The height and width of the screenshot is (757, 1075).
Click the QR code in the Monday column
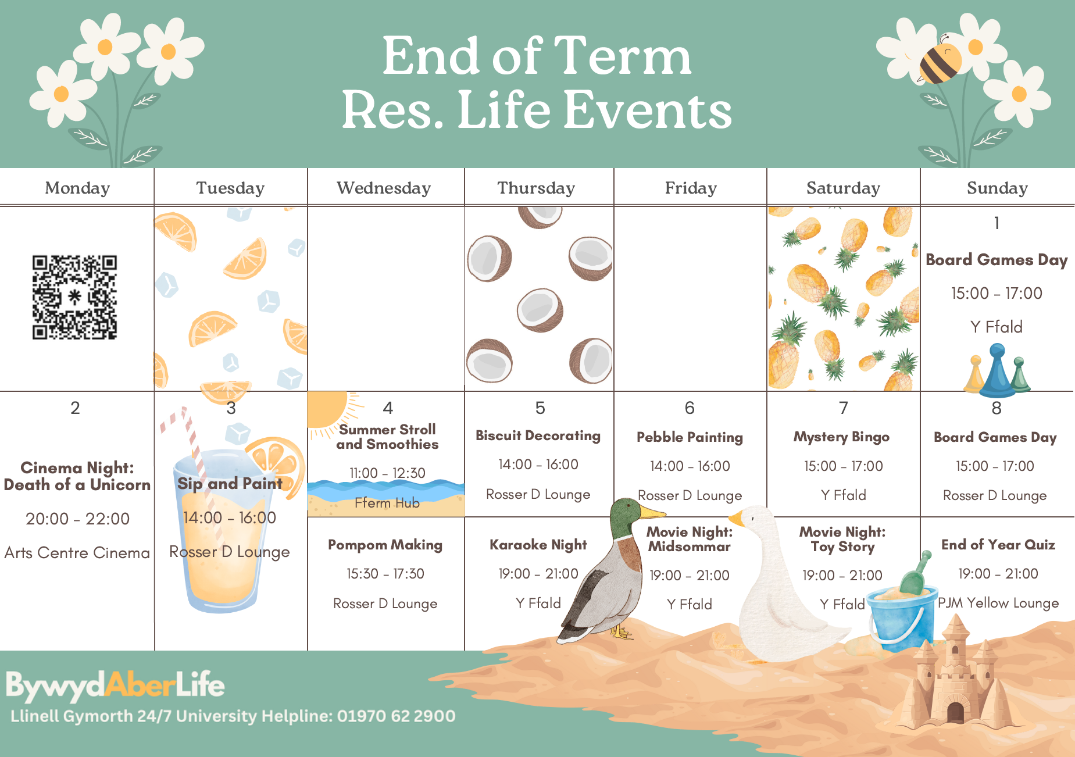(74, 297)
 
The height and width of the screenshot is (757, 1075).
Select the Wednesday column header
(384, 188)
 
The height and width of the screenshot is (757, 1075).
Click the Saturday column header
(843, 188)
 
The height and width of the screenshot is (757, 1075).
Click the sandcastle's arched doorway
(955, 712)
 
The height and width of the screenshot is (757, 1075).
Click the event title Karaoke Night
(538, 545)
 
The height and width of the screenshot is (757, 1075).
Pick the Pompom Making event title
(385, 545)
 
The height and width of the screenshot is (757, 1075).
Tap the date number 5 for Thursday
(540, 408)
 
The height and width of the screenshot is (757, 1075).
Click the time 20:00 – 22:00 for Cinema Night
(77, 519)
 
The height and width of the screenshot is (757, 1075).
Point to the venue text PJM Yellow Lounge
(998, 603)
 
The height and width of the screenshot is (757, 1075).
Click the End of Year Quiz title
(998, 545)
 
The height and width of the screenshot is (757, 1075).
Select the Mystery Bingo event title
(841, 437)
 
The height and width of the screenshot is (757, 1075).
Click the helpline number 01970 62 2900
(396, 716)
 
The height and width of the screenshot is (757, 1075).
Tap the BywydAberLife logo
(115, 685)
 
